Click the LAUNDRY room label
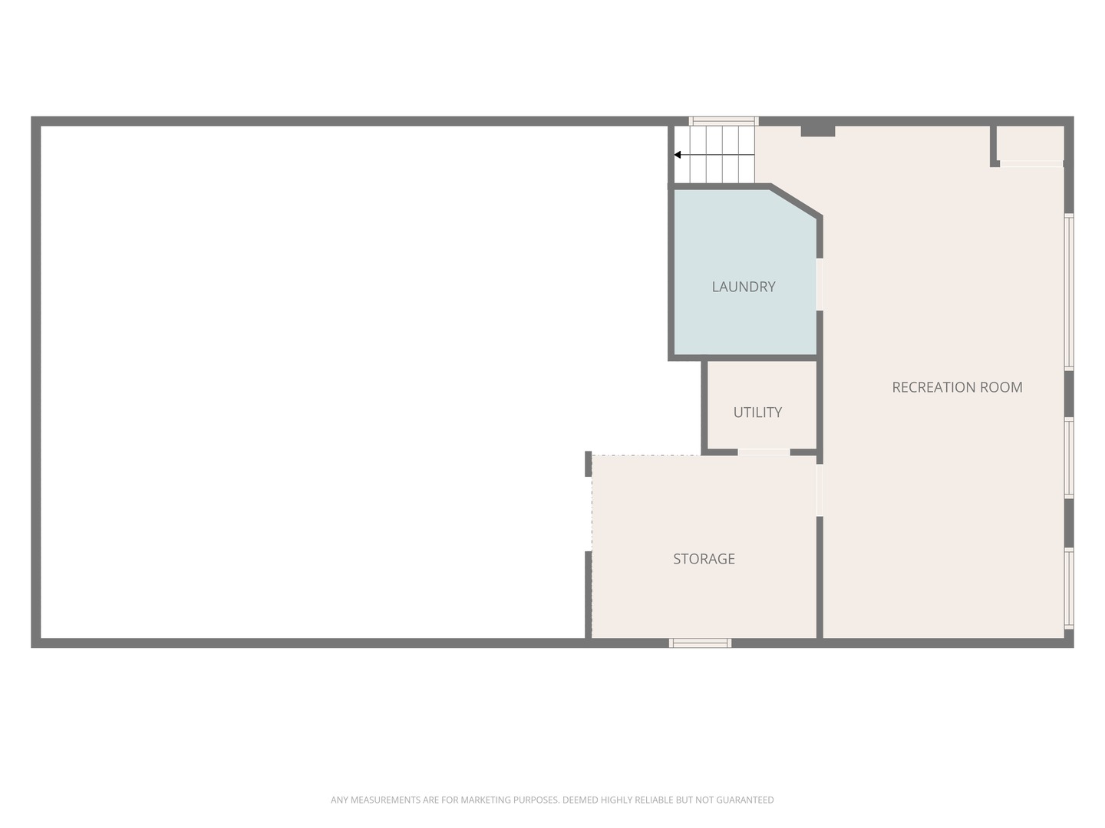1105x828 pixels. [x=743, y=287]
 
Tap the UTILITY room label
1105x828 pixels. [x=757, y=412]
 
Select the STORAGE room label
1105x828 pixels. [x=704, y=559]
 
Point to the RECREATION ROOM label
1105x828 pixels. [x=957, y=387]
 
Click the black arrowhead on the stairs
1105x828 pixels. [x=678, y=155]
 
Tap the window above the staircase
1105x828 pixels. [x=724, y=120]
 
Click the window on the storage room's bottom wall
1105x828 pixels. [x=700, y=643]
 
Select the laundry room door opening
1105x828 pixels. [x=820, y=284]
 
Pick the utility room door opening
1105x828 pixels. [x=764, y=452]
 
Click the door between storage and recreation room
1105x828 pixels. [x=820, y=490]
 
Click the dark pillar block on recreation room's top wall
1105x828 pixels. [x=817, y=130]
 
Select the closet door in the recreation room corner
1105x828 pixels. [x=1031, y=164]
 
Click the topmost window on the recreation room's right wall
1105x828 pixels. [x=1069, y=291]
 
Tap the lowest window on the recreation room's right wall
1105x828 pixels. [x=1069, y=588]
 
